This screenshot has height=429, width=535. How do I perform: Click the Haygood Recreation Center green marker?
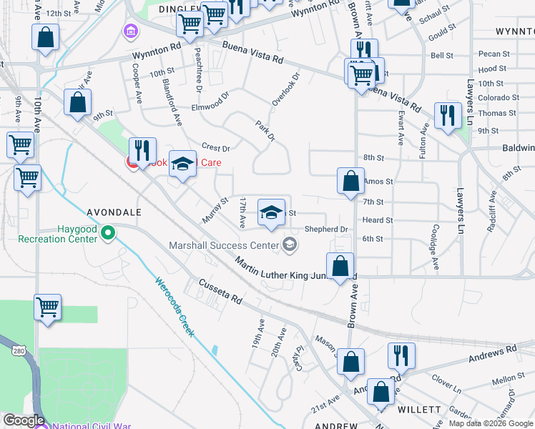tap(108, 232)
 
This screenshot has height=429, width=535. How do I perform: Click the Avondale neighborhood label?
tap(114, 212)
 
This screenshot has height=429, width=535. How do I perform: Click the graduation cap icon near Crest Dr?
tap(182, 164)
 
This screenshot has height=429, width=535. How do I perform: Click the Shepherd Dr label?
tap(326, 230)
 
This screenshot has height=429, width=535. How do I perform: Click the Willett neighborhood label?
tap(420, 410)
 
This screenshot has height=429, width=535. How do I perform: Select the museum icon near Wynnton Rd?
tap(131, 31)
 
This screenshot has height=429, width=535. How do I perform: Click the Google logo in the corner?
tap(23, 421)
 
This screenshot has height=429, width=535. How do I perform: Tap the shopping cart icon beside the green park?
tap(48, 307)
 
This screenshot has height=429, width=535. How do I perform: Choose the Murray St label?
tap(214, 210)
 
